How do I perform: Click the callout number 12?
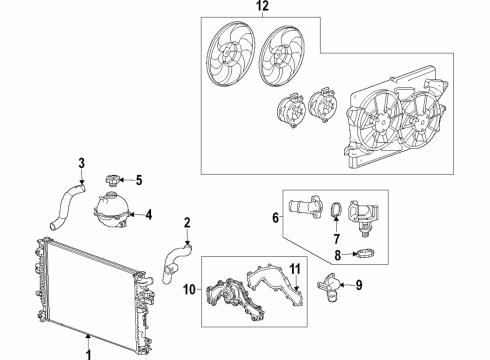tap(262, 9)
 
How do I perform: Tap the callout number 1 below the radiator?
tap(88, 351)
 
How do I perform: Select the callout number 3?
tap(82, 163)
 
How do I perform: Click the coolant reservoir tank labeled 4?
tap(112, 214)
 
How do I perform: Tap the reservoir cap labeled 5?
tap(112, 181)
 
